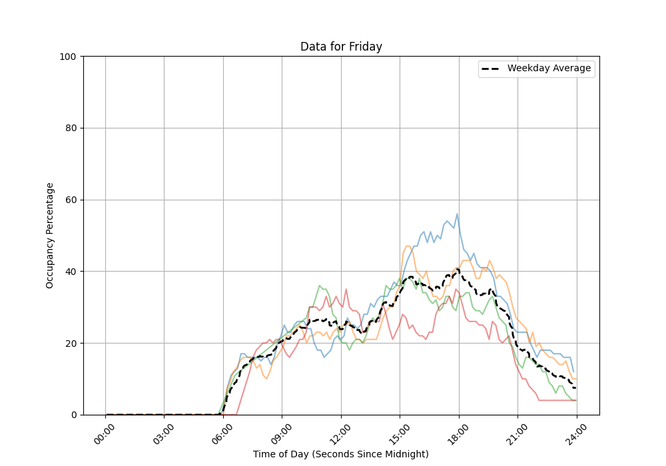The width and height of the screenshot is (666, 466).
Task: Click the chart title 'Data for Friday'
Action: [341, 47]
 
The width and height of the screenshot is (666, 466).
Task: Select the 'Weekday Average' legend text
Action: [549, 69]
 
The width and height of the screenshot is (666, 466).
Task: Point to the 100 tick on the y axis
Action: [69, 57]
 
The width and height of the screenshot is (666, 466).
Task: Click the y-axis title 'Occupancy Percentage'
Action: [50, 236]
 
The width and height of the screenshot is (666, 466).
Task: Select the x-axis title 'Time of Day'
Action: [341, 454]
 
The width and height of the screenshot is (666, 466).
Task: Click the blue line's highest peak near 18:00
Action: [457, 214]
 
